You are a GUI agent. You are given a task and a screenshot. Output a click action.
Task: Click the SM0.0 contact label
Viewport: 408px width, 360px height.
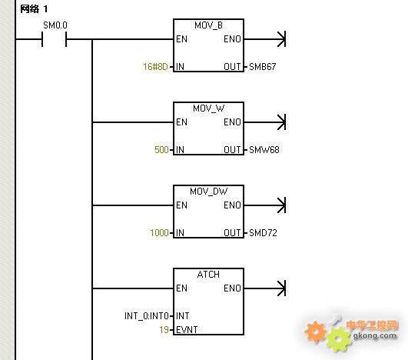coord(55,25)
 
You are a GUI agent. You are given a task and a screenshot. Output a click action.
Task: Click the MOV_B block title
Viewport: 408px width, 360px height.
coord(208,25)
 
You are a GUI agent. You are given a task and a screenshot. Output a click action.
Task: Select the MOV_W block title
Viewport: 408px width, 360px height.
coord(208,108)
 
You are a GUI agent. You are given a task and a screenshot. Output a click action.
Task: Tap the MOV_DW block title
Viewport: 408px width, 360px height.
coord(208,192)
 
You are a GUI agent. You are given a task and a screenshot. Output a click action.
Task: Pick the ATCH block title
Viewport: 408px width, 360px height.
coord(208,275)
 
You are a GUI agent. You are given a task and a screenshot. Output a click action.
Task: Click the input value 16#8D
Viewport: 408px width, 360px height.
coord(155,67)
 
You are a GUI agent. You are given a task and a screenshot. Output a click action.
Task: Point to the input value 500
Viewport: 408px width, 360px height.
coord(161,150)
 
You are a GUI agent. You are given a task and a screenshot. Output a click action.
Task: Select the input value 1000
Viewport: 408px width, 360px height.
coord(159,232)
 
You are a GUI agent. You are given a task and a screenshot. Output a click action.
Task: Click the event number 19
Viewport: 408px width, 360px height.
coord(164,330)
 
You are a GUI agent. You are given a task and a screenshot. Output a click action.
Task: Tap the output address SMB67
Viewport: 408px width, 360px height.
coord(262,67)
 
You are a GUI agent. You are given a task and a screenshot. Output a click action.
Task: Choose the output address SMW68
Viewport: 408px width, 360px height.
coord(264,150)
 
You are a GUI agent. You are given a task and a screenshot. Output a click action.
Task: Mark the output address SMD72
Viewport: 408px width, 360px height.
coord(263,232)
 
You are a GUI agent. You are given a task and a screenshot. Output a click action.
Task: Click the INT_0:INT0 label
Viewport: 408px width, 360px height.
coord(147,316)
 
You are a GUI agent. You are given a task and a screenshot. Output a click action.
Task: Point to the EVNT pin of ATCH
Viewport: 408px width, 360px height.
coord(187,330)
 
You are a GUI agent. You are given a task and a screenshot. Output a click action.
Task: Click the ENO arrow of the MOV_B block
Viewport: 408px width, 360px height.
coord(265,39)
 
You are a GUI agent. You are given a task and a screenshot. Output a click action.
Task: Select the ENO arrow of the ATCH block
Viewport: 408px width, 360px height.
coord(265,288)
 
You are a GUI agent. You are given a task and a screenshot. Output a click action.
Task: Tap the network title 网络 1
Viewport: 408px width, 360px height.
coord(34,9)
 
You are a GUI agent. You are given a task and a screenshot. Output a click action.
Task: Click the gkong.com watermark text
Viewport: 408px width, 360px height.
coord(375,335)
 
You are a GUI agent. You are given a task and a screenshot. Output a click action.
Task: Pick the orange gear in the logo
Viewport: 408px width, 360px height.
coord(315,332)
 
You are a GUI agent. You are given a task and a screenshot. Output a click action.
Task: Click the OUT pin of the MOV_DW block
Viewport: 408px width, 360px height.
coord(232,232)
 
